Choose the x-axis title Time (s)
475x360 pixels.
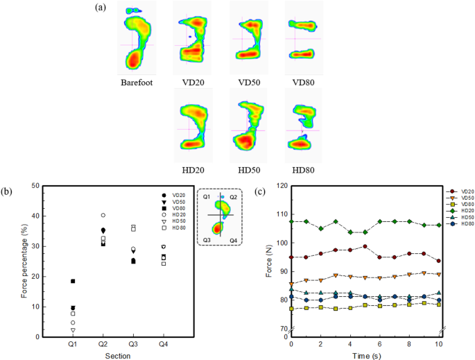coord(365,354)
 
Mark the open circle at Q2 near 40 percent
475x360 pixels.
coord(103,216)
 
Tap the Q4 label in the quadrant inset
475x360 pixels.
coord(232,240)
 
